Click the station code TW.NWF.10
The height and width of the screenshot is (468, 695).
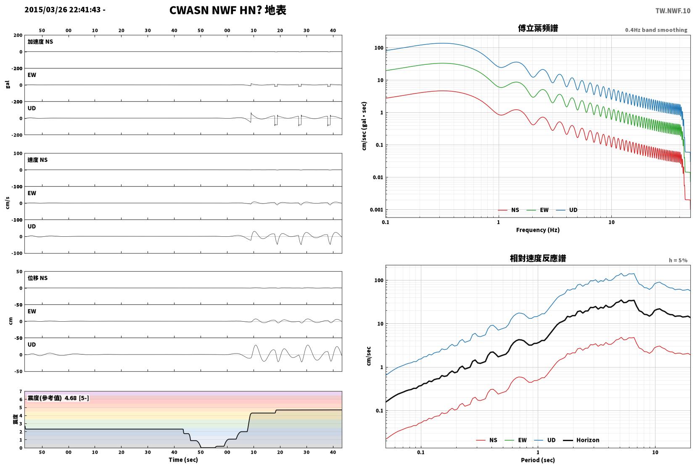673,11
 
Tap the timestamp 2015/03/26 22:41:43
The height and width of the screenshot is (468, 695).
63,10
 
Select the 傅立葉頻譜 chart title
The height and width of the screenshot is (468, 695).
538,28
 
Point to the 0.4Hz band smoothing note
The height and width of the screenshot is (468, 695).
656,30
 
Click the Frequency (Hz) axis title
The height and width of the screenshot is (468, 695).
538,230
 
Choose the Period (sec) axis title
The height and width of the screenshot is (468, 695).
538,460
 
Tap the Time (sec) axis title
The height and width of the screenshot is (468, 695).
183,460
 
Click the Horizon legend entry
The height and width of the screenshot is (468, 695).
581,440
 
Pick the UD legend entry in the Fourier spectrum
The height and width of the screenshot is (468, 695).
567,210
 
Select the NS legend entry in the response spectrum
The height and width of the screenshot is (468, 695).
487,440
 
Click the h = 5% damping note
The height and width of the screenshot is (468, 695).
678,260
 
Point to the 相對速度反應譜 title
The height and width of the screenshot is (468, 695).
538,258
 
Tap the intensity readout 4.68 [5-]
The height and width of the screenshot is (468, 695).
77,398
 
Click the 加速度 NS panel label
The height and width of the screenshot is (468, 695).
40,42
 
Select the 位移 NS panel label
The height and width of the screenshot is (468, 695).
37,278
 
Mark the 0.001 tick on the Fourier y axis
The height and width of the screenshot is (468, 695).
376,210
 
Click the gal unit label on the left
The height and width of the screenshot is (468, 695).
8,85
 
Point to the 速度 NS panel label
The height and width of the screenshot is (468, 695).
37,160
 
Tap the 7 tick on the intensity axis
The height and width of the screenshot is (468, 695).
21,391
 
